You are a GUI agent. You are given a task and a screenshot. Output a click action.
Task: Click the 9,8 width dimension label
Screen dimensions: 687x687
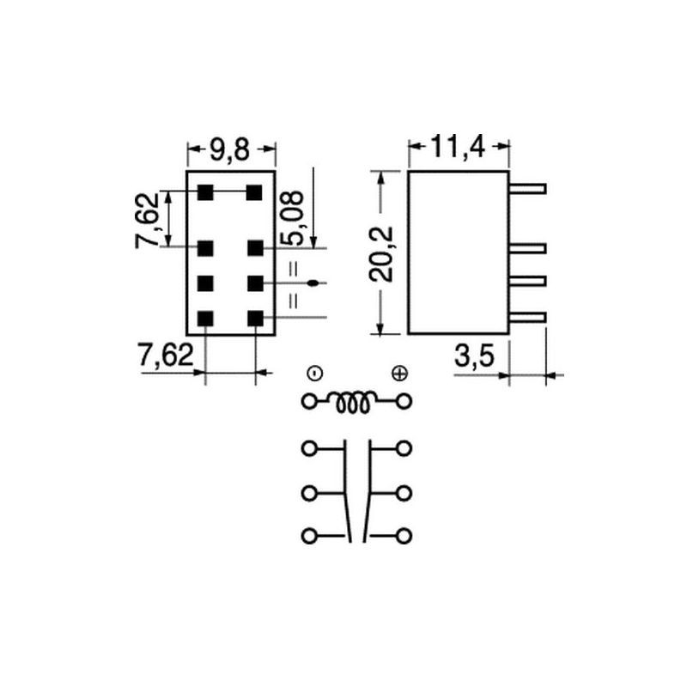pyautogui.click(x=229, y=150)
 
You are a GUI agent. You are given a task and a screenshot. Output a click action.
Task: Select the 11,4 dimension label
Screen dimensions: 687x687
pyautogui.click(x=459, y=147)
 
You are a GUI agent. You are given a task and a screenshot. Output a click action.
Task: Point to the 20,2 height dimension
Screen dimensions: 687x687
pyautogui.click(x=381, y=253)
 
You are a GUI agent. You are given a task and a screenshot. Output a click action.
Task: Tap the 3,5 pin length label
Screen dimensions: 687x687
pyautogui.click(x=475, y=356)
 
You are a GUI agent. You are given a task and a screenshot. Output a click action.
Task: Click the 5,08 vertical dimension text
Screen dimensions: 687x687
pyautogui.click(x=292, y=218)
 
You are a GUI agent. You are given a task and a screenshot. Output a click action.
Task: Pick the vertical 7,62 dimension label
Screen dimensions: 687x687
pyautogui.click(x=147, y=221)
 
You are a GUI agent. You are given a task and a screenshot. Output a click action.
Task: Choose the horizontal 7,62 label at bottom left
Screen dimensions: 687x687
pyautogui.click(x=166, y=355)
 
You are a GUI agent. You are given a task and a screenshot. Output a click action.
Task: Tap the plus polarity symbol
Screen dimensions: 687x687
pyautogui.click(x=399, y=374)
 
